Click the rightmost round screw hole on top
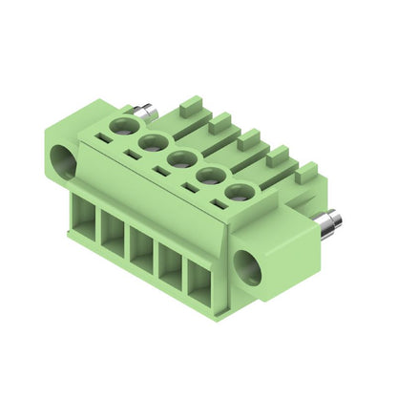(240, 195)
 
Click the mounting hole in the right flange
(248, 267)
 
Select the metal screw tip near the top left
(146, 114)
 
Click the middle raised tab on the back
(249, 139)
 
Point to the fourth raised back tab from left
(278, 156)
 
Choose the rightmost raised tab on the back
(306, 173)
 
